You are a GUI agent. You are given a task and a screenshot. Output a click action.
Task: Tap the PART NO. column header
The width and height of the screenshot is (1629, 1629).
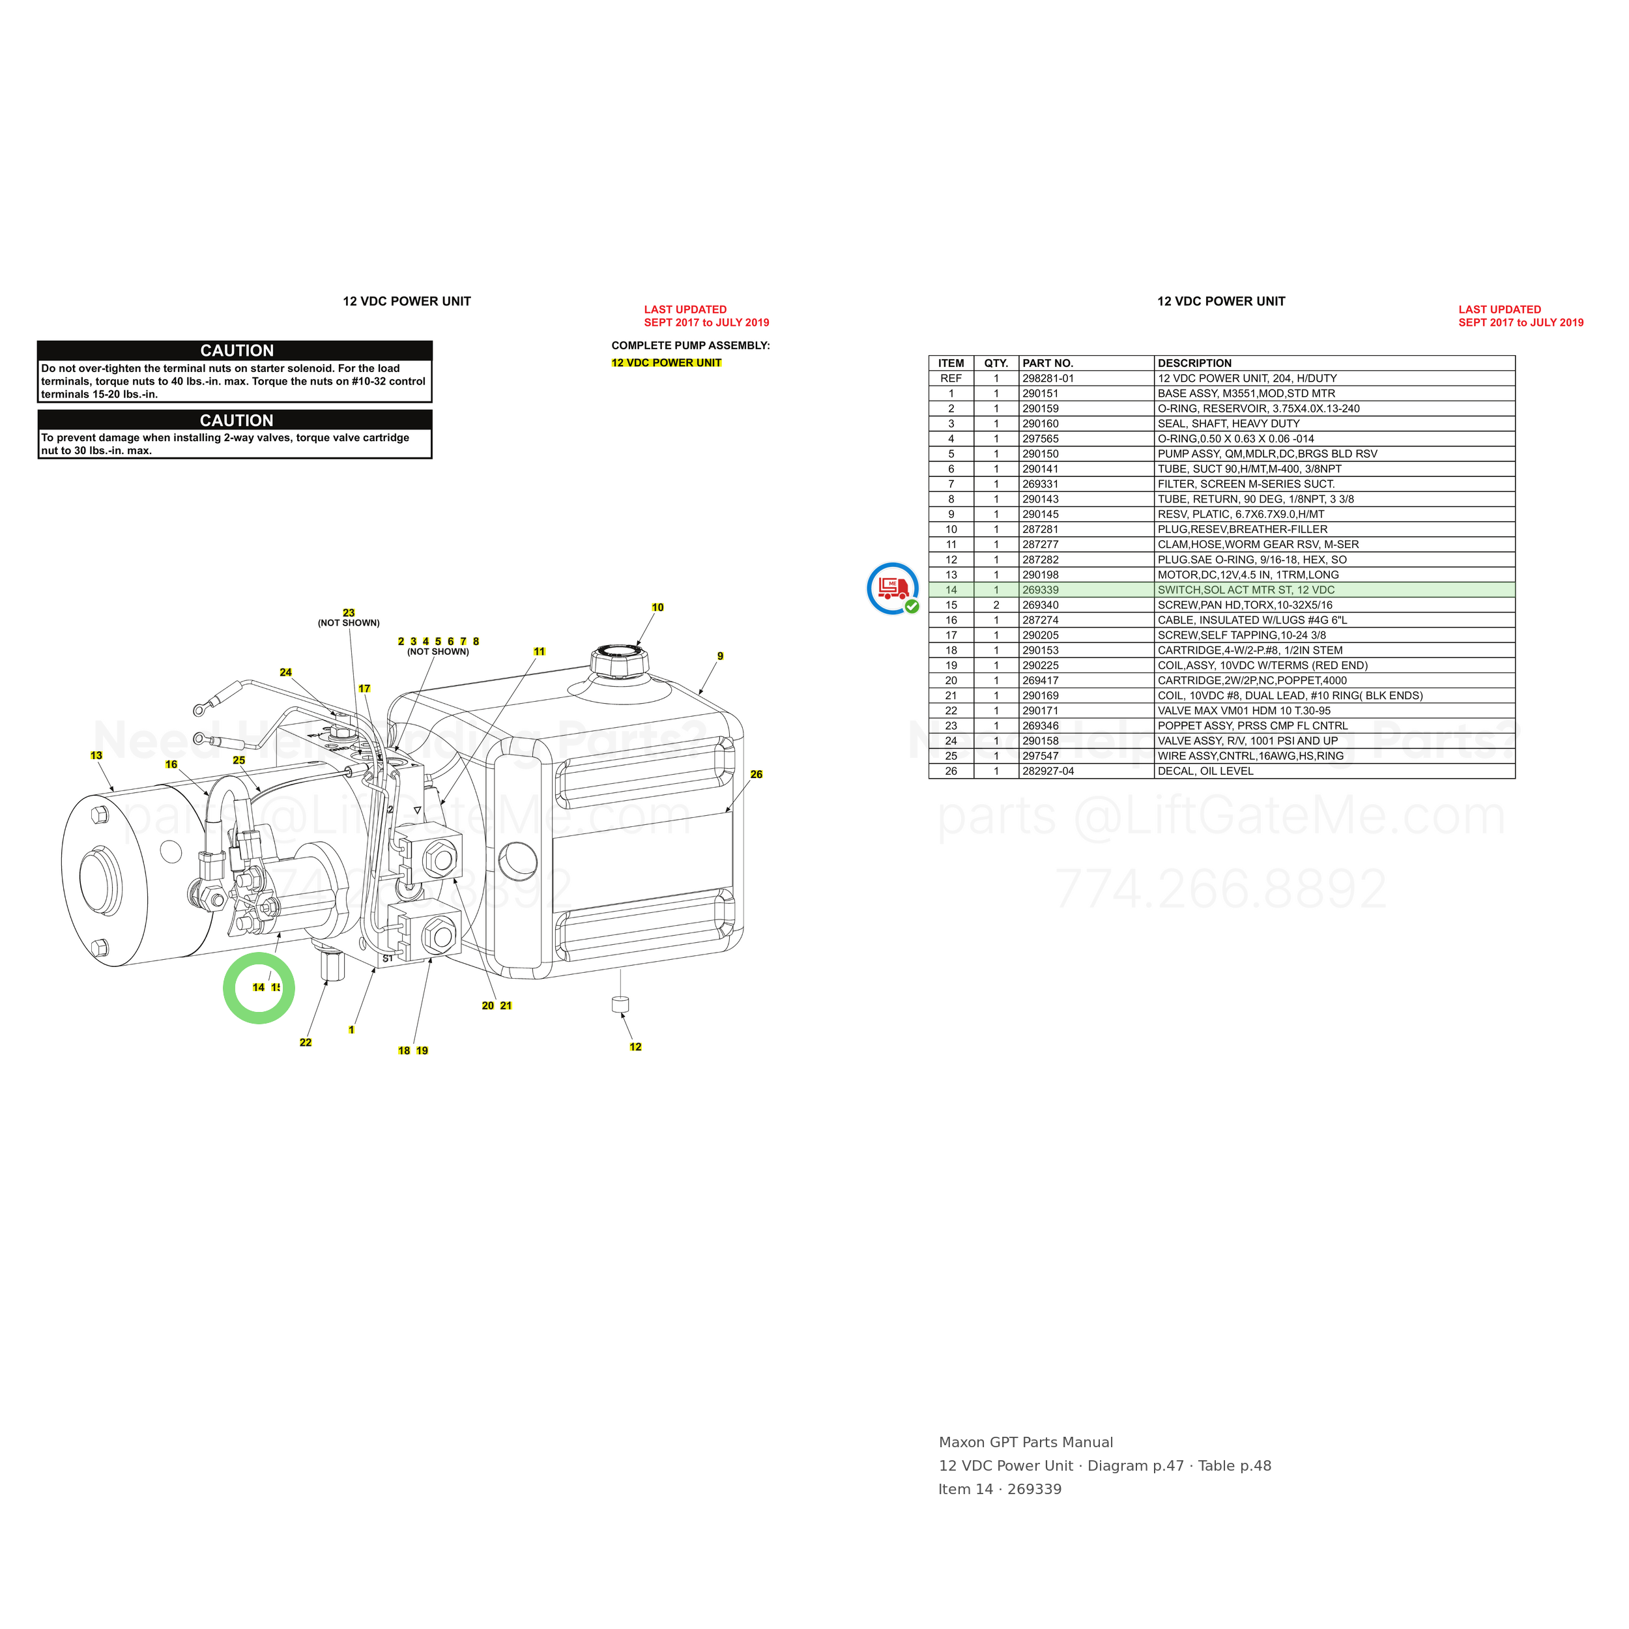[1048, 364]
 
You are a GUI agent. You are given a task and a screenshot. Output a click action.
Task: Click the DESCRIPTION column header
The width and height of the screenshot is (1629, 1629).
[1195, 364]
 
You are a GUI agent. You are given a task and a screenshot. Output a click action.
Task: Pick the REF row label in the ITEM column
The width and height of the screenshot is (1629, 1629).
[951, 379]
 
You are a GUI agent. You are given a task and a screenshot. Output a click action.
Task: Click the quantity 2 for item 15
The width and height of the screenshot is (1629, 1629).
[996, 605]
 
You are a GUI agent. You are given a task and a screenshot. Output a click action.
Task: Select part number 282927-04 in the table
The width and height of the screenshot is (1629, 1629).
[1048, 771]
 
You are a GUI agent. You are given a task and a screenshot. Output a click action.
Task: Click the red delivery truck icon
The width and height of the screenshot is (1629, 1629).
[893, 588]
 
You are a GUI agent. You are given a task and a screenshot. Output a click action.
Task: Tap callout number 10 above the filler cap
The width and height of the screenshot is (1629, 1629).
[657, 607]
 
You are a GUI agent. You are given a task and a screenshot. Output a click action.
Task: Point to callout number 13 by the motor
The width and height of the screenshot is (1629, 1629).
[96, 755]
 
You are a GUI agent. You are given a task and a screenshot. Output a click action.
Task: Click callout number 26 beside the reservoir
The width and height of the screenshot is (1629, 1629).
[757, 774]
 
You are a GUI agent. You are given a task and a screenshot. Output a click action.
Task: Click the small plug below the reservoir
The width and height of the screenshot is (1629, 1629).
[620, 1003]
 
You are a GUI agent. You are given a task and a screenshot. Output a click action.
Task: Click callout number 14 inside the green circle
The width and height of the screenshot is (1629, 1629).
[258, 987]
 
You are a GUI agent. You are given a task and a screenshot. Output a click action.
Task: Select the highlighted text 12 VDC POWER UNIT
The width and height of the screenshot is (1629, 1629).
[666, 362]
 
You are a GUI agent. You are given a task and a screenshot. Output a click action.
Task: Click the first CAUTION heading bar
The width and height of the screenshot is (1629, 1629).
[235, 351]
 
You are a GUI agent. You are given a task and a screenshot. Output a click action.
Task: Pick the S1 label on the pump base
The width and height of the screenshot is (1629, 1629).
[388, 959]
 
